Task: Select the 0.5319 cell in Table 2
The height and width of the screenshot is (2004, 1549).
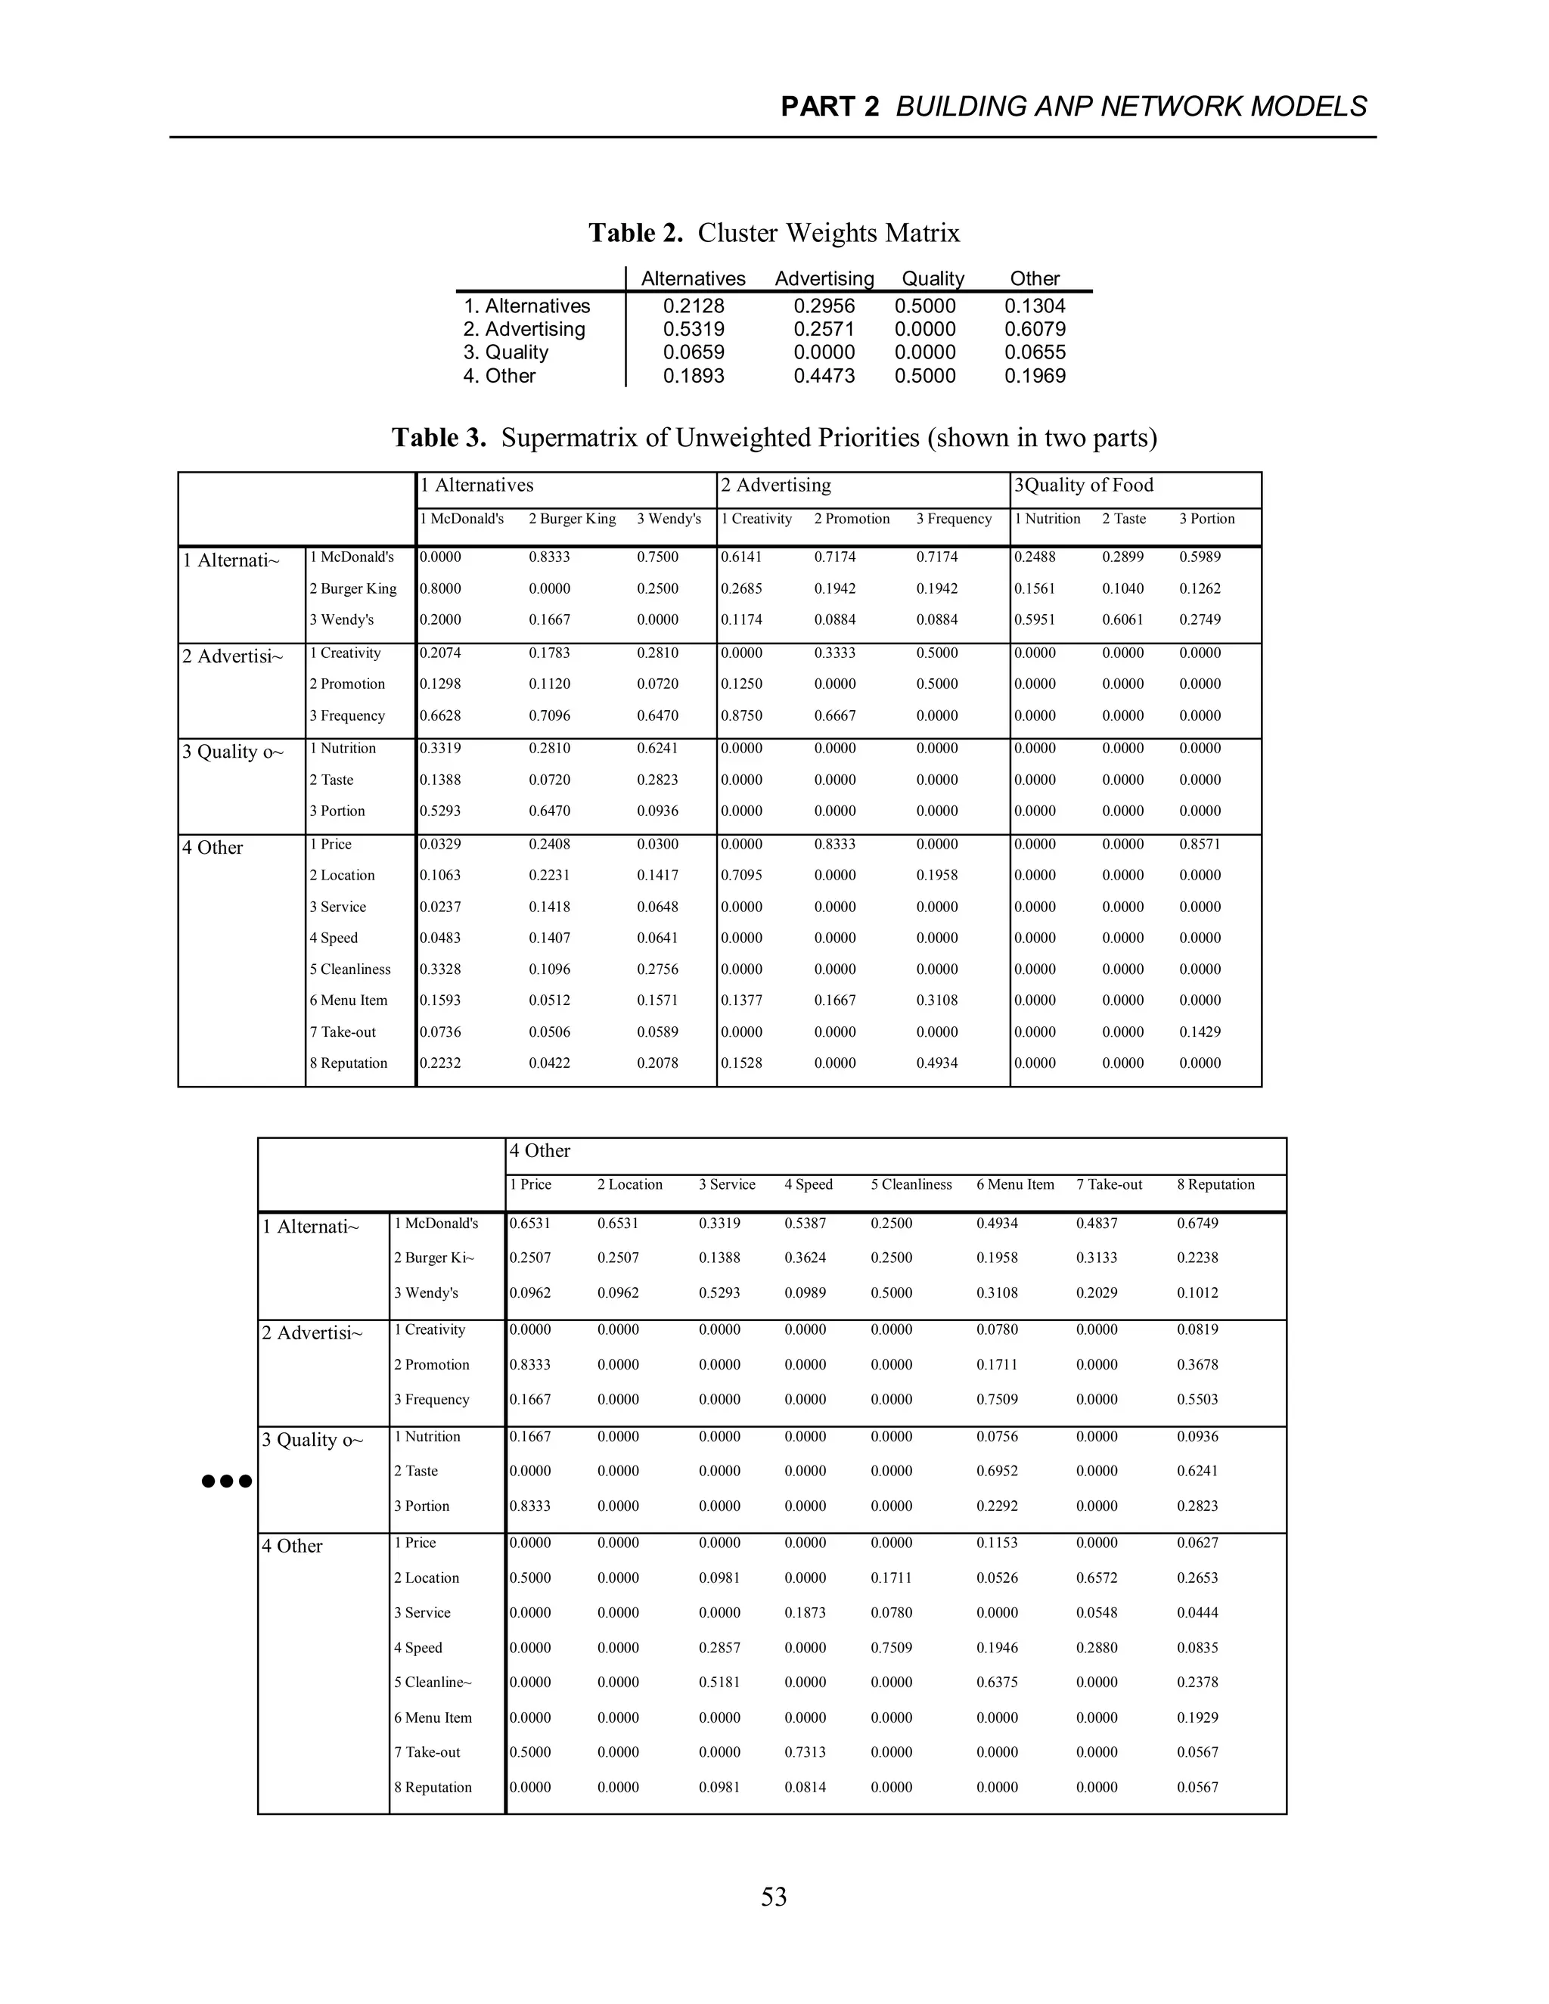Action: [x=694, y=330]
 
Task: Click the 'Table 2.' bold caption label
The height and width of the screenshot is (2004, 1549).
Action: [x=635, y=233]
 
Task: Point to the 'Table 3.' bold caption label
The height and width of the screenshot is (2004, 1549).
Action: [x=439, y=438]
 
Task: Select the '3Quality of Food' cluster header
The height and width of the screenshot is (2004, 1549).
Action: [x=1083, y=485]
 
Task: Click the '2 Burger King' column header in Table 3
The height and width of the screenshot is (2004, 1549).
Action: [x=572, y=520]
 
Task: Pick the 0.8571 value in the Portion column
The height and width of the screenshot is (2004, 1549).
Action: [x=1200, y=844]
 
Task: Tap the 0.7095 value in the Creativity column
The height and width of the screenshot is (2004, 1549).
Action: [x=740, y=876]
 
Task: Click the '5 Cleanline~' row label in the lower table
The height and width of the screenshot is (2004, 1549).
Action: [x=432, y=1682]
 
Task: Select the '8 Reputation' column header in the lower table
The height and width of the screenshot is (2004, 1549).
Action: [x=1215, y=1184]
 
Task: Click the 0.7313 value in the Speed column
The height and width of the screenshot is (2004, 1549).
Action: [x=805, y=1751]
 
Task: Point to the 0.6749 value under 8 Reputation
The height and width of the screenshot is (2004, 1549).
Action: [x=1197, y=1223]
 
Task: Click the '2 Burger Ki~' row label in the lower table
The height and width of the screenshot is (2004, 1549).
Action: [x=434, y=1258]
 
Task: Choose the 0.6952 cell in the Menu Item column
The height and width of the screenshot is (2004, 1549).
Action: [x=997, y=1471]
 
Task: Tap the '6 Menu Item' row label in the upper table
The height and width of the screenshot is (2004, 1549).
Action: [x=348, y=1000]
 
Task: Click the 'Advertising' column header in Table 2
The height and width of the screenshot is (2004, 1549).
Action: [x=824, y=279]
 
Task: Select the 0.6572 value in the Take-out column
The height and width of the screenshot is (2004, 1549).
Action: [x=1097, y=1577]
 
